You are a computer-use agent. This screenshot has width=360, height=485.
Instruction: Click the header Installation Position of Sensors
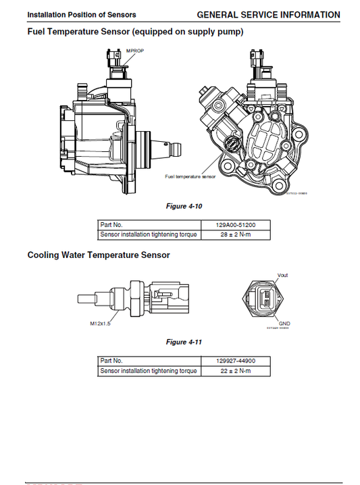point(72,15)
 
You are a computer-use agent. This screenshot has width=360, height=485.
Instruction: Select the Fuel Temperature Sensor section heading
point(135,31)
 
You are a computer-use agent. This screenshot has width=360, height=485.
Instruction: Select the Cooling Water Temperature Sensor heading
point(99,255)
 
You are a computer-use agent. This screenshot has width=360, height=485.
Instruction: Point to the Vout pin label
point(283,275)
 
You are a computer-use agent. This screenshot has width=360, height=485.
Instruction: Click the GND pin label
point(284,324)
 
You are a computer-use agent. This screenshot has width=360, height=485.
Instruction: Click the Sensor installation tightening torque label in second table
point(148,371)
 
